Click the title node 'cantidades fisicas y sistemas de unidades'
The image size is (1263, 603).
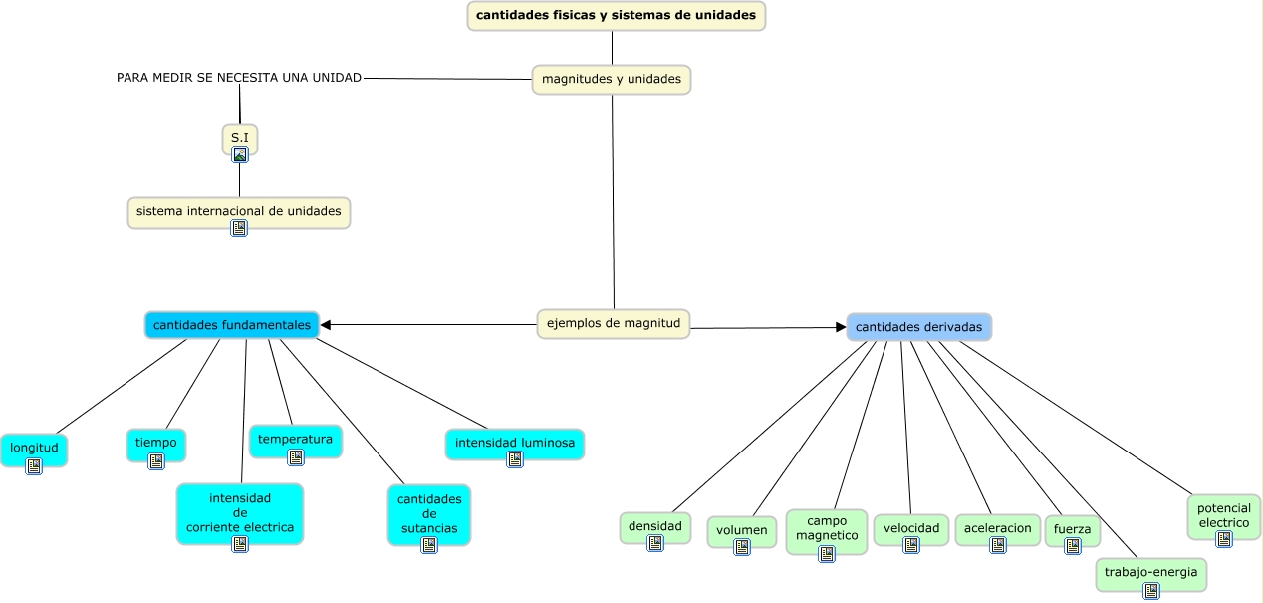tap(616, 16)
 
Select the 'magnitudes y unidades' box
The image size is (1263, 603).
tap(611, 79)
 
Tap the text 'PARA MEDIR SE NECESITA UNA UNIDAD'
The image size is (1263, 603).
tap(239, 77)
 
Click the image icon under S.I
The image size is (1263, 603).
tap(239, 154)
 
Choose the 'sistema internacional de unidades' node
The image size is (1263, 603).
tap(239, 211)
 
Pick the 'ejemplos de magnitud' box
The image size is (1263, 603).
tap(613, 323)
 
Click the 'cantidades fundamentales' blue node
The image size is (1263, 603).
tap(231, 325)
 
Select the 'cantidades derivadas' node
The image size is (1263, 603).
tap(918, 327)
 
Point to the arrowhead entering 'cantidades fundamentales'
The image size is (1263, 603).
tap(326, 324)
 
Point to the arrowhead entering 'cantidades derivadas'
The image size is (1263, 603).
tap(840, 327)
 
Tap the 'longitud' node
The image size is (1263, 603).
tap(34, 449)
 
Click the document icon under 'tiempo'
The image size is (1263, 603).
tap(156, 460)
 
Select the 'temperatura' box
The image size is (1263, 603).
tap(295, 440)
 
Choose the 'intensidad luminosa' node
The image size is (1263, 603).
tap(514, 443)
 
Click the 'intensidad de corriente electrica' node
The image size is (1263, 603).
tap(239, 512)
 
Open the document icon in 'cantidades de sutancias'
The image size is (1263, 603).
tap(428, 545)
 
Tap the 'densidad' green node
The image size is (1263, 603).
tap(654, 526)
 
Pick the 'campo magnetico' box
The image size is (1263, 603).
tap(826, 528)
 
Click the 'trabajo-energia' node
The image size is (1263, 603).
tap(1150, 573)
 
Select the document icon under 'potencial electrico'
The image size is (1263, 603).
tap(1223, 538)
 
